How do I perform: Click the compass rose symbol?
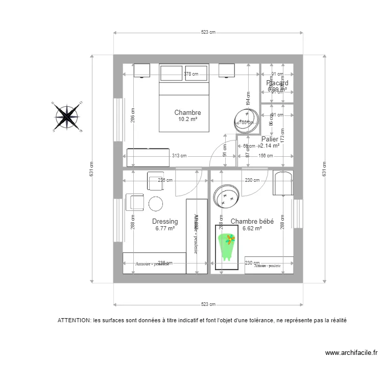tap(67, 116)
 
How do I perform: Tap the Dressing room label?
tap(165, 222)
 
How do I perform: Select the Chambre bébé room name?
tap(252, 222)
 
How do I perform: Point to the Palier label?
tap(270, 139)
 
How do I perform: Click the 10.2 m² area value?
tap(187, 119)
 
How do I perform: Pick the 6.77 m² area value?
tap(165, 229)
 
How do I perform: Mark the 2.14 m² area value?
tap(270, 146)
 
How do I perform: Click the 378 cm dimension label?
tap(191, 74)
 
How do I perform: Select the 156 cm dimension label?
tap(265, 156)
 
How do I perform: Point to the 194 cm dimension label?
tap(248, 99)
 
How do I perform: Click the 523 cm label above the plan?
tap(208, 32)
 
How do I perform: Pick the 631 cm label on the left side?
tap(92, 169)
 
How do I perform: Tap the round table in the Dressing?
tap(156, 204)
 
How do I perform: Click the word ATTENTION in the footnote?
tap(74, 321)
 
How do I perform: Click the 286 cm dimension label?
tap(132, 117)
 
